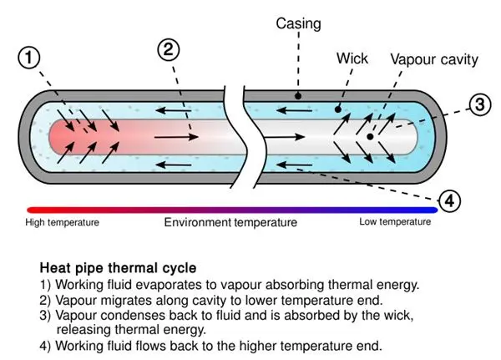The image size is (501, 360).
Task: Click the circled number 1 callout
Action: pos(28,58)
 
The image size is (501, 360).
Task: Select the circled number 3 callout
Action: pos(478,105)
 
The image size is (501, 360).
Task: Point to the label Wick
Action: pos(352,59)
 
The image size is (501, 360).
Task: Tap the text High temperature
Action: pos(62,222)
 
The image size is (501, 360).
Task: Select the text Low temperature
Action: pos(395,222)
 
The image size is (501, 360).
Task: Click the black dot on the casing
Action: pos(298,97)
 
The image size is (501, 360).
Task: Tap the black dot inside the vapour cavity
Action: pos(369,135)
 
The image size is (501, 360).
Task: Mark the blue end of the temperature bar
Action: pos(431,210)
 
